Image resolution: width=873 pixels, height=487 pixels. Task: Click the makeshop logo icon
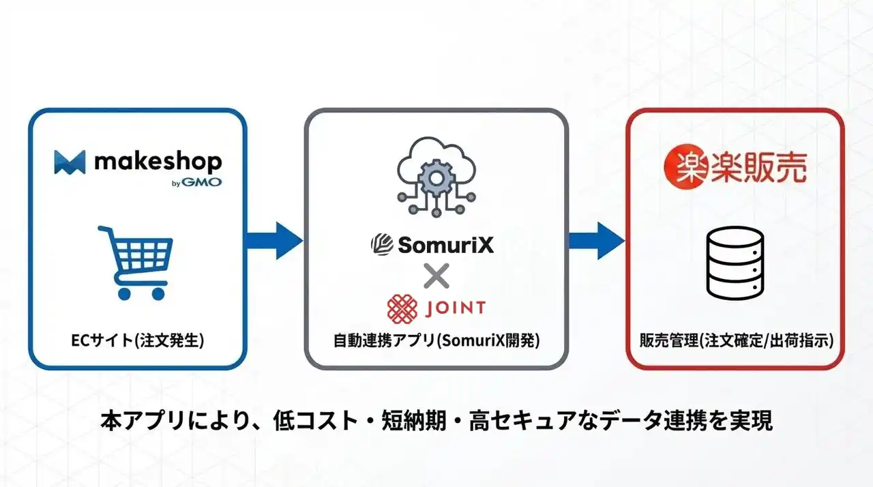point(70,162)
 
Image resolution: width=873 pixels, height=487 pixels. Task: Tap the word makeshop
point(158,162)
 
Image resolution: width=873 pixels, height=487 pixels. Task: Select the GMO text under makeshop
point(207,182)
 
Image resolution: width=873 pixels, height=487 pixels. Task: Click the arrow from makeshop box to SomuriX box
point(274,239)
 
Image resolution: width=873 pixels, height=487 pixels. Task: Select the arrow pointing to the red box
point(597,239)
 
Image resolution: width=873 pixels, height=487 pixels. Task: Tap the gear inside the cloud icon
point(436,179)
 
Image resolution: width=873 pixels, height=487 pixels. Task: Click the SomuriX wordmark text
point(445,244)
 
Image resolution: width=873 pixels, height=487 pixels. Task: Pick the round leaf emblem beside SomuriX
point(381,244)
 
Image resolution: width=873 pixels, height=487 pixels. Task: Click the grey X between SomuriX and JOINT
point(436,277)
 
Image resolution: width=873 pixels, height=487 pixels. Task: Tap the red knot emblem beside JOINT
point(402,308)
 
